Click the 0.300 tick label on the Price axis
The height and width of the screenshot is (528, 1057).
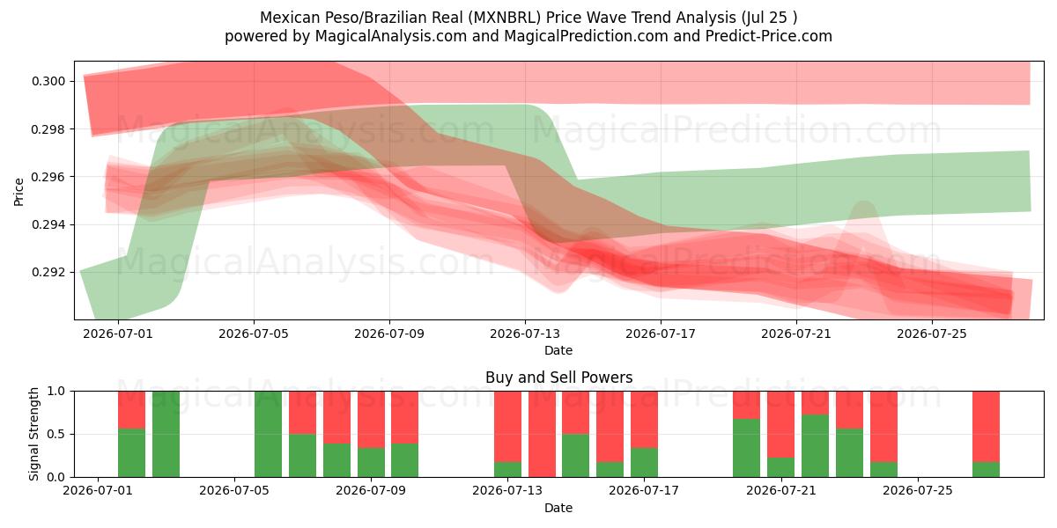tap(48, 82)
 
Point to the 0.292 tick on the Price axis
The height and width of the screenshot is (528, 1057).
tap(48, 273)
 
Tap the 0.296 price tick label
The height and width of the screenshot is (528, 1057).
tap(48, 177)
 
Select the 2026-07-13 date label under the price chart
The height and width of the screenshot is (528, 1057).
tap(525, 334)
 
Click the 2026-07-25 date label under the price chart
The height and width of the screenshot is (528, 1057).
tap(932, 334)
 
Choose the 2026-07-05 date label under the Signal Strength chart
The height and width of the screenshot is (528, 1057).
tap(234, 490)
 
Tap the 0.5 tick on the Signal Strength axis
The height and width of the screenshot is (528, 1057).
tap(55, 434)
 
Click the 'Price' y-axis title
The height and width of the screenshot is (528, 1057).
tap(18, 192)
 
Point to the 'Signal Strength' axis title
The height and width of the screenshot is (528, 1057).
tap(33, 434)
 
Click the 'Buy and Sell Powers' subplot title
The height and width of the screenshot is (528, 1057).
tap(558, 378)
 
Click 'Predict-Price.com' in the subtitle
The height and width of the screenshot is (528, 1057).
tap(769, 36)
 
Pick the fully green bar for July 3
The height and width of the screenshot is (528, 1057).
tap(166, 434)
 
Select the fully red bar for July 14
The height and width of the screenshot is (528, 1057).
tap(542, 434)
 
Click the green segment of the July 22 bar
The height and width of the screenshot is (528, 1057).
tap(815, 446)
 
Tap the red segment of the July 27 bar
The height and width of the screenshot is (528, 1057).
tap(986, 427)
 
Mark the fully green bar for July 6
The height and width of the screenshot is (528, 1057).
tap(268, 434)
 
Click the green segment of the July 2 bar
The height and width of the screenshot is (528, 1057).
tap(131, 453)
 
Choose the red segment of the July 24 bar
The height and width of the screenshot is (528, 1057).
tap(883, 427)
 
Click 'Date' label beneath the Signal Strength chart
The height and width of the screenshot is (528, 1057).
tap(558, 509)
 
